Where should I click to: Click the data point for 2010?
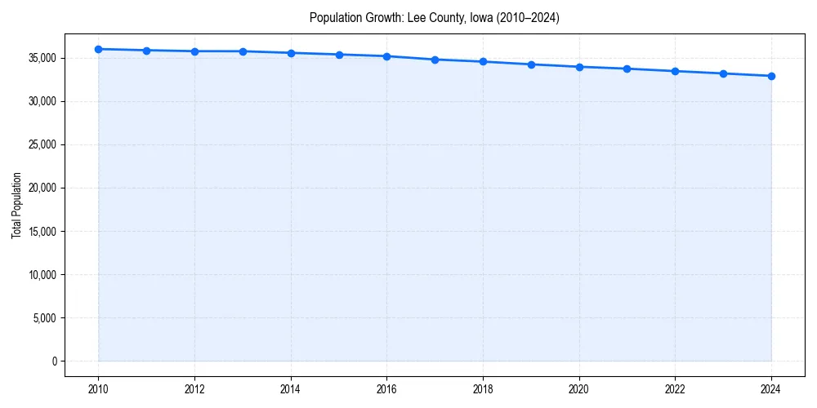point(98,49)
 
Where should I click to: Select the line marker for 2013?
point(243,51)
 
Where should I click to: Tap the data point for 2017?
point(435,60)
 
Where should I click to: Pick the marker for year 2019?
point(531,64)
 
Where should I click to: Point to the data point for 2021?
point(627,69)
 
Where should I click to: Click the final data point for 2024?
point(771,76)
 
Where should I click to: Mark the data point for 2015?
point(339,55)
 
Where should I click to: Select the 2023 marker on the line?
point(723,73)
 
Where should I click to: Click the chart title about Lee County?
point(434,17)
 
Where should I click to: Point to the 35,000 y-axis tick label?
point(41,58)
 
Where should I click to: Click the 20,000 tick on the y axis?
point(41,188)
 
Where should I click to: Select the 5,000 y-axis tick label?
point(43,317)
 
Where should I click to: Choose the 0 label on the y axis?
point(54,361)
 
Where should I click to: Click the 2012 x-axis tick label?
point(194,389)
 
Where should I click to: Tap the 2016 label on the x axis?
point(386,389)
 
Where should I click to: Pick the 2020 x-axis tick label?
point(579,389)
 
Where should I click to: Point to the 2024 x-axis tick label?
point(771,389)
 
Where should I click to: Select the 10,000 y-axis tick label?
point(41,274)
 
